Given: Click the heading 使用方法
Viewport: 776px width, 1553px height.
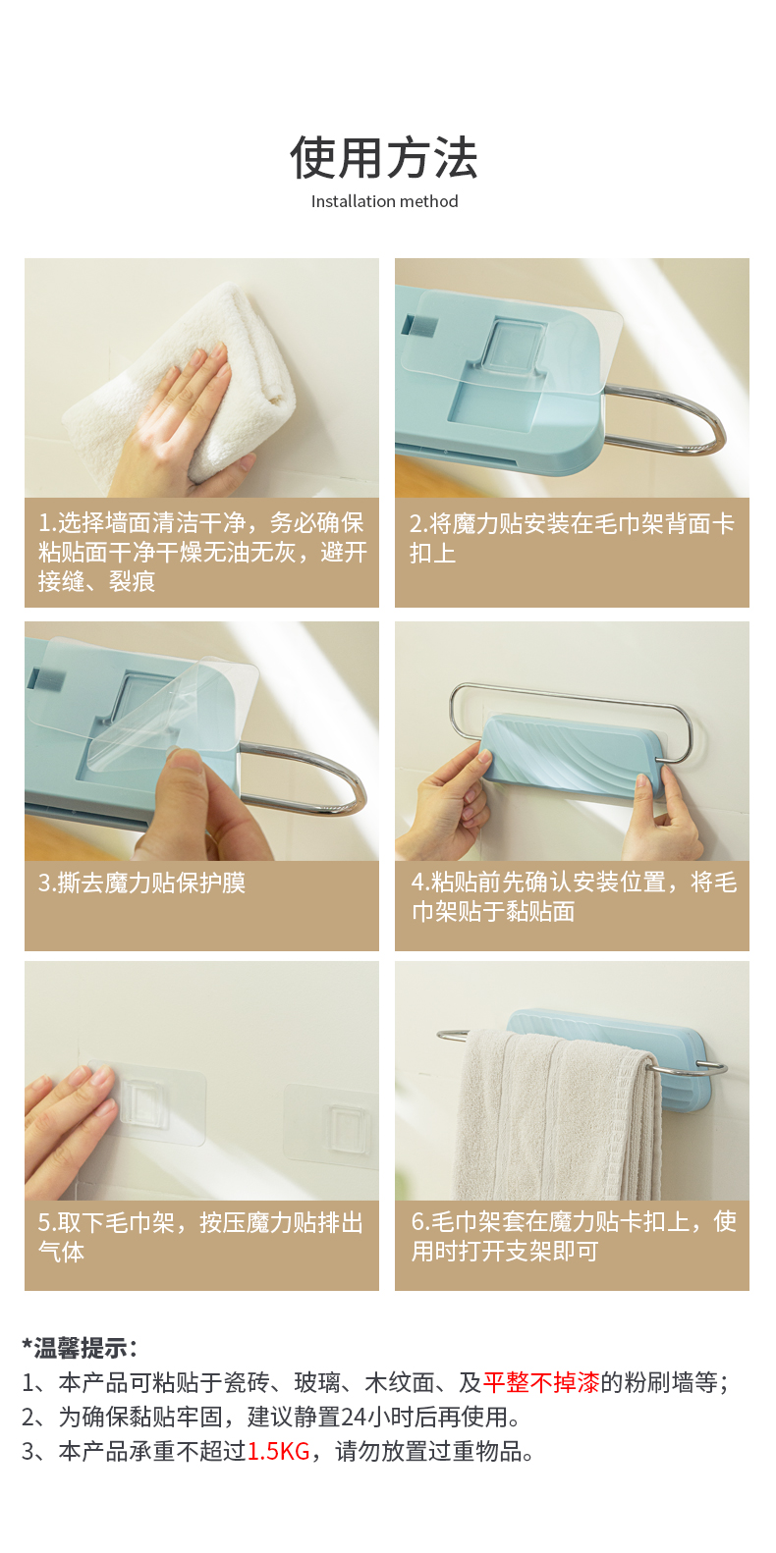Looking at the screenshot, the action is [383, 158].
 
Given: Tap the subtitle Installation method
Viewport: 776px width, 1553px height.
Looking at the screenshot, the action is [384, 202].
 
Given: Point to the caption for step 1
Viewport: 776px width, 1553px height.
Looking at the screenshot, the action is [201, 552].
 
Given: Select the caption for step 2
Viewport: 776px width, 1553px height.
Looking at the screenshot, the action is [572, 538].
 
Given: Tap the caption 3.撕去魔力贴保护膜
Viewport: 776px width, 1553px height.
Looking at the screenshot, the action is [141, 883].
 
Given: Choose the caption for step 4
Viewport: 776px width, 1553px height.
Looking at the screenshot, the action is [574, 896].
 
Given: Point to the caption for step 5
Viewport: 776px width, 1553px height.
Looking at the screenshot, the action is [200, 1237].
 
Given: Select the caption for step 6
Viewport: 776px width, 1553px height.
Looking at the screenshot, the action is [574, 1236].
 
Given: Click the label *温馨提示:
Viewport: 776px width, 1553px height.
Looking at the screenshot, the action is [79, 1349].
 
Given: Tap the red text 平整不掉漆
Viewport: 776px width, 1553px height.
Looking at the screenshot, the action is [541, 1382].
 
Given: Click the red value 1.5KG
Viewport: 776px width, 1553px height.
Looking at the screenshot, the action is [278, 1451].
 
